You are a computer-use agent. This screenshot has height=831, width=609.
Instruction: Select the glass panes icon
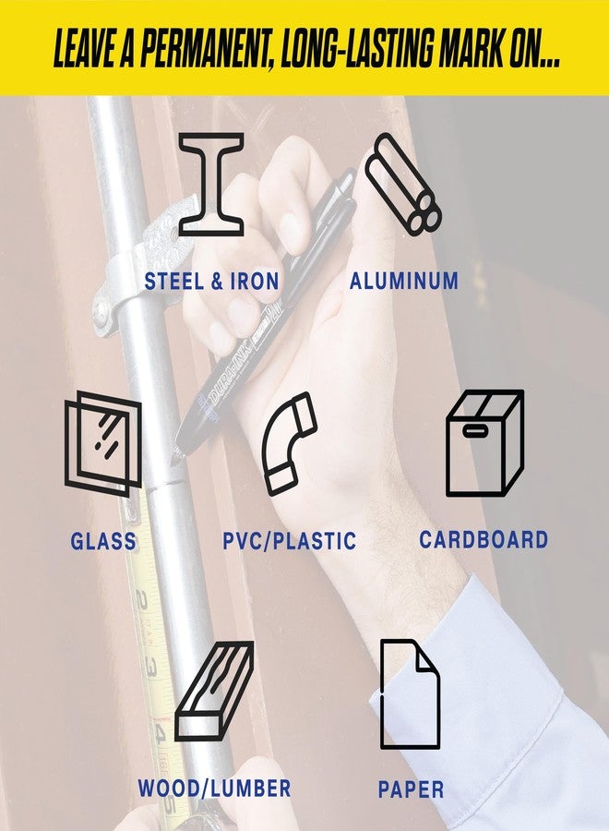[102, 444]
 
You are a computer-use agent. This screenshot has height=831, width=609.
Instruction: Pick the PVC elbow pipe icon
[289, 444]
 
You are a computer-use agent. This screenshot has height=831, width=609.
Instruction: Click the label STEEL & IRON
[212, 281]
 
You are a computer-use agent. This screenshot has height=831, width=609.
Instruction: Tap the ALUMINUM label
[404, 281]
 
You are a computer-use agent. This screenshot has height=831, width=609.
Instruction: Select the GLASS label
[103, 541]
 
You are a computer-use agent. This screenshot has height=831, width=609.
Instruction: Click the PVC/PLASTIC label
[289, 541]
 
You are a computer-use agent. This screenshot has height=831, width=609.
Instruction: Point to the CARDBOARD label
[484, 539]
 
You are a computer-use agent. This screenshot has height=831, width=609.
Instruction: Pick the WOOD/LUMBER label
[214, 789]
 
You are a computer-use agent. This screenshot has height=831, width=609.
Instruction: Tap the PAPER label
[411, 789]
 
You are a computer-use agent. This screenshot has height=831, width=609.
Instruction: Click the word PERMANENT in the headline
[207, 48]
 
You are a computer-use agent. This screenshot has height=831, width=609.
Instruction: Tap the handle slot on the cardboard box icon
[475, 431]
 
